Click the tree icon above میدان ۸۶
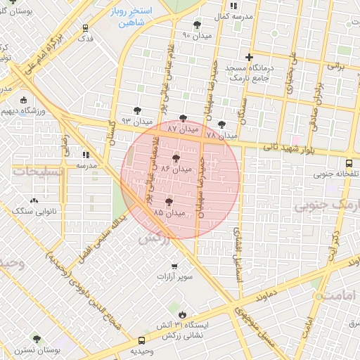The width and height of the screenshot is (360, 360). [175, 158]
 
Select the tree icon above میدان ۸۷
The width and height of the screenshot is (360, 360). [184, 118]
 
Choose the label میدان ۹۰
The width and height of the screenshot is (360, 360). [196, 34]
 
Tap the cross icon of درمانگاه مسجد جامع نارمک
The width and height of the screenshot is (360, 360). [248, 57]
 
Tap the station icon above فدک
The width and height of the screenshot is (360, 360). [85, 29]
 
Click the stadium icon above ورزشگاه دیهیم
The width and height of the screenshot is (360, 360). [23, 100]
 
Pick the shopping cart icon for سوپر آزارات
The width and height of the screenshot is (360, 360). [174, 266]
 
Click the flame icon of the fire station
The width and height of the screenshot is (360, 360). [183, 314]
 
